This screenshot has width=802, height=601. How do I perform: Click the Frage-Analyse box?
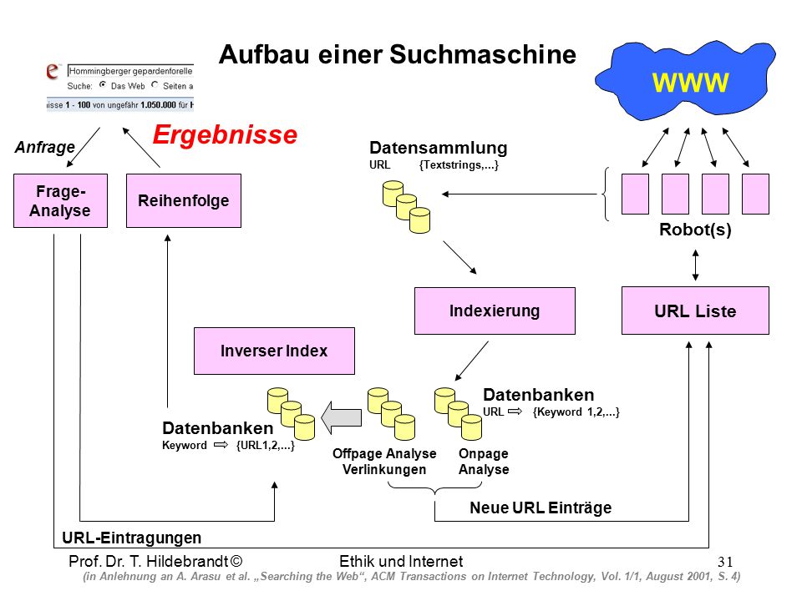click(60, 200)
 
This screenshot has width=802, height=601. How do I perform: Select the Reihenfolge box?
click(184, 200)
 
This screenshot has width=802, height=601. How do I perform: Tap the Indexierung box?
click(495, 311)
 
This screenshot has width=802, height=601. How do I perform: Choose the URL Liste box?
click(695, 311)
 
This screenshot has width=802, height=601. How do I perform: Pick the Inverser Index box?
click(274, 351)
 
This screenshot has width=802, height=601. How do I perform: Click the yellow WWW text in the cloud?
click(690, 83)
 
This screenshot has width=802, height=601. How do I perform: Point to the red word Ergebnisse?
click(225, 135)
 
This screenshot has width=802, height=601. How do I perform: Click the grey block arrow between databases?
click(341, 417)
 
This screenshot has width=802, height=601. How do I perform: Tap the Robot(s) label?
click(695, 230)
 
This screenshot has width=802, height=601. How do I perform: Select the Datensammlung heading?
click(439, 148)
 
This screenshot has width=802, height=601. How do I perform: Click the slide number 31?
click(725, 562)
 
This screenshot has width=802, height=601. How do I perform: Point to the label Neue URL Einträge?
click(541, 508)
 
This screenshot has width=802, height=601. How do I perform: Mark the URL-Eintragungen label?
click(131, 538)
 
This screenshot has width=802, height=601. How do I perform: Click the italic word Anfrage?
click(45, 147)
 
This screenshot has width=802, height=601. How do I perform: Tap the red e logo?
click(53, 70)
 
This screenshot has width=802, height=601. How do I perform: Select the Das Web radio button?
click(103, 85)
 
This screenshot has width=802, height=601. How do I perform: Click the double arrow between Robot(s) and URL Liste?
click(695, 265)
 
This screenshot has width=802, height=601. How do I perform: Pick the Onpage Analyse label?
click(484, 462)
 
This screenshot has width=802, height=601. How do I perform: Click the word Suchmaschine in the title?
click(483, 55)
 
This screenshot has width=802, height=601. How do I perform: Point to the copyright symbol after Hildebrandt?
click(236, 561)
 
